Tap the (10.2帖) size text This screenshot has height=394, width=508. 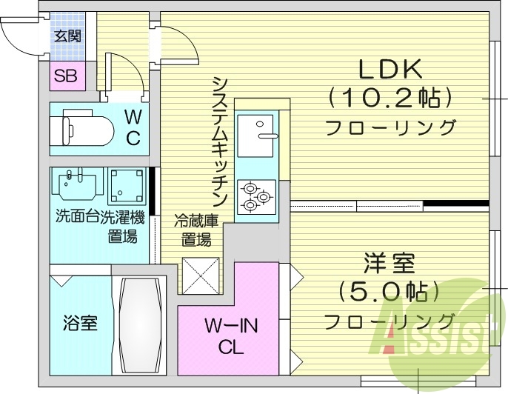pos(390,98)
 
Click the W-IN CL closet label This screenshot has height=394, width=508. pos(230,335)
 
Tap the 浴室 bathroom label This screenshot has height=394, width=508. pos(78,324)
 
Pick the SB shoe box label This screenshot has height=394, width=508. pos(66,76)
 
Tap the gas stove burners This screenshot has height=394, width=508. pos(256,196)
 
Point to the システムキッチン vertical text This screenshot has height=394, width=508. pos(219,141)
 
